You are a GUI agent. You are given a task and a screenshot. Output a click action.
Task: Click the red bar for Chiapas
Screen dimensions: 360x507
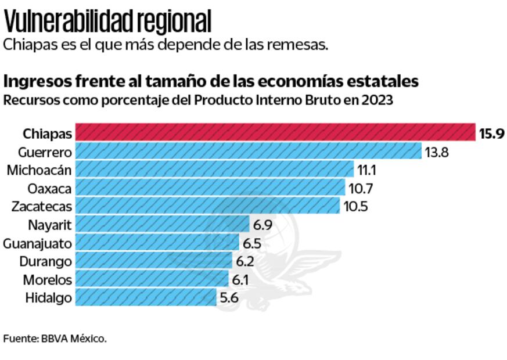(x=276, y=133)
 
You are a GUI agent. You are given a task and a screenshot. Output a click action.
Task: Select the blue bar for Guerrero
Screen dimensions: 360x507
(x=249, y=152)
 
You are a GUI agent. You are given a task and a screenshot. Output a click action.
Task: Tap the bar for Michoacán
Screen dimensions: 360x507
(x=214, y=170)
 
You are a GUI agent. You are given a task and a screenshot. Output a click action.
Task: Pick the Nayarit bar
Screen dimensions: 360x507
(x=163, y=224)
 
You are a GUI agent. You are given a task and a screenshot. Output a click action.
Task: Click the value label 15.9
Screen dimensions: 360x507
(x=491, y=134)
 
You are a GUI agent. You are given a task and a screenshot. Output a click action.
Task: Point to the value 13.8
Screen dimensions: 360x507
(x=438, y=152)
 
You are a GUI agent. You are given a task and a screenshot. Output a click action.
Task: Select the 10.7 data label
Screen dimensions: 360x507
(x=362, y=188)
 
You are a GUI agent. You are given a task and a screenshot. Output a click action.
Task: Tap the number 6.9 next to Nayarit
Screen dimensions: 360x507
(x=263, y=225)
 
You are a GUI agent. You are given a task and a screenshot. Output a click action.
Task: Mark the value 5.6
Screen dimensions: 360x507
(x=229, y=298)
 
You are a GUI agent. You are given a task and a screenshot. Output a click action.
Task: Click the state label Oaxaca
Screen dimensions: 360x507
(x=50, y=188)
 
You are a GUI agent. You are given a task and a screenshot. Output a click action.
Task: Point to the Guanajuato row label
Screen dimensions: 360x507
(x=38, y=243)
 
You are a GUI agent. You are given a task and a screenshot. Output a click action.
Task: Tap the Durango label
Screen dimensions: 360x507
(x=46, y=261)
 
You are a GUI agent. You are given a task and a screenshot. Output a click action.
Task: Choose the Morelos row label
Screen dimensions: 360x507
(x=48, y=280)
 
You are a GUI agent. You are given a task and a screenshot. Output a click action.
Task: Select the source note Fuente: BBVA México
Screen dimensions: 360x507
(x=55, y=338)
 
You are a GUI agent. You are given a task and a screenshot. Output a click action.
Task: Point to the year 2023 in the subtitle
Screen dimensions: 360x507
(x=376, y=100)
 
